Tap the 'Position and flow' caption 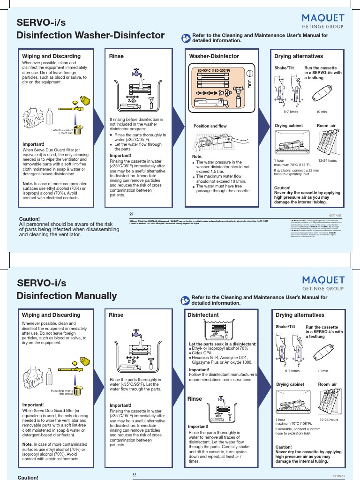coord(210,126)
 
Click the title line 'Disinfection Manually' coord(67,296)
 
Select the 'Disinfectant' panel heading coord(202,315)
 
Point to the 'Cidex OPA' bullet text coord(202,353)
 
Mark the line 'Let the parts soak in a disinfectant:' coord(219,344)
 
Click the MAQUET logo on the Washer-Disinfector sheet coord(323,18)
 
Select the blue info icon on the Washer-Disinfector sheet coord(182,37)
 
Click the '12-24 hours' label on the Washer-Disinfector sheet coord(328,161)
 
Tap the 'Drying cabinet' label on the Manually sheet coord(290,384)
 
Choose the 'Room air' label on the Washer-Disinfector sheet coord(326,126)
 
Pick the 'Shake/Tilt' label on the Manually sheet coord(286,327)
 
